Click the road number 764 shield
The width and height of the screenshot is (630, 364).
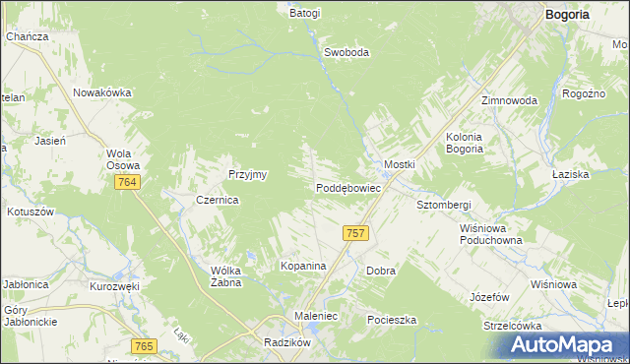click(x=126, y=183)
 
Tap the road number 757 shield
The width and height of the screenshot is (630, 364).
click(x=356, y=233)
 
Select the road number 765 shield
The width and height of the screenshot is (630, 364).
click(x=144, y=345)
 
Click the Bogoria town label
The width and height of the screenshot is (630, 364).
click(x=569, y=14)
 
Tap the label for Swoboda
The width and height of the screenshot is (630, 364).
click(x=346, y=53)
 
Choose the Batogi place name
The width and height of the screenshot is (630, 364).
click(x=305, y=14)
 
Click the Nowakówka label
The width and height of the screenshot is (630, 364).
click(x=102, y=92)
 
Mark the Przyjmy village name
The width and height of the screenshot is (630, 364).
click(x=248, y=174)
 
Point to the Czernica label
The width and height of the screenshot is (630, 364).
click(x=218, y=199)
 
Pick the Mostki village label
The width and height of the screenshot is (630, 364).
click(x=400, y=163)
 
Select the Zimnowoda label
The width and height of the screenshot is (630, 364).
click(x=509, y=100)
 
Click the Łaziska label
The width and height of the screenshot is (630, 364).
click(x=598, y=173)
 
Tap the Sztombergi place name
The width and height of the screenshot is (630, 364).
click(x=444, y=205)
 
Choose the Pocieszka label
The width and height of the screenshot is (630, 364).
click(x=392, y=321)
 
